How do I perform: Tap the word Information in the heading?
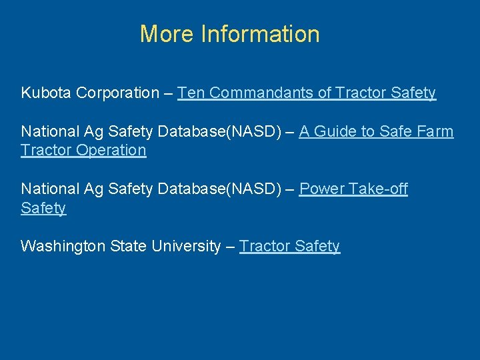pos(260,33)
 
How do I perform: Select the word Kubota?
pos(46,93)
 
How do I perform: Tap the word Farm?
pos(437,131)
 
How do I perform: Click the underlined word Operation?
pos(111,150)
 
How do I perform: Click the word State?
pos(126,246)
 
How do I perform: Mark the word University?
pos(186,246)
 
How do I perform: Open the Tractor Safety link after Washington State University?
pos(289,246)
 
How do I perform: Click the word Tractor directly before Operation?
pos(45,150)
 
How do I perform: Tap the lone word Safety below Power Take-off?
pos(43,208)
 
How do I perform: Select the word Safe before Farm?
pos(396,131)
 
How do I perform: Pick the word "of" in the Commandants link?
pos(325,93)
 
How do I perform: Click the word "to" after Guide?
pos(367,131)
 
